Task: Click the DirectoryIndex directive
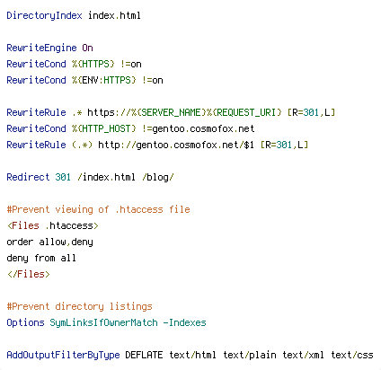pyautogui.click(x=44, y=16)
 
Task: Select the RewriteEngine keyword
pyautogui.click(x=41, y=48)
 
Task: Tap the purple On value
pyautogui.click(x=87, y=48)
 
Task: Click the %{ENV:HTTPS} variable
pyautogui.click(x=103, y=80)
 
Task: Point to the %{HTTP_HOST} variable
pyautogui.click(x=103, y=128)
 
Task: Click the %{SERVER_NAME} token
pyautogui.click(x=169, y=112)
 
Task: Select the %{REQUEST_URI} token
pyautogui.click(x=244, y=112)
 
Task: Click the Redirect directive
pyautogui.click(x=28, y=177)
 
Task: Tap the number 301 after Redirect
pyautogui.click(x=63, y=177)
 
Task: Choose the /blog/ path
pyautogui.click(x=158, y=177)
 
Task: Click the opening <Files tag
pyautogui.click(x=23, y=225)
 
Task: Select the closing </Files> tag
pyautogui.click(x=29, y=274)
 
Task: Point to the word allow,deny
pyautogui.click(x=66, y=242)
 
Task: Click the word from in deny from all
pyautogui.click(x=44, y=258)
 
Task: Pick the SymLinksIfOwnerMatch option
pyautogui.click(x=103, y=322)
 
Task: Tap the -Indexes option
pyautogui.click(x=185, y=322)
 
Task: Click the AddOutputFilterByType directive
pyautogui.click(x=63, y=355)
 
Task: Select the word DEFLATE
pyautogui.click(x=144, y=355)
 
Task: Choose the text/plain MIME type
pyautogui.click(x=250, y=355)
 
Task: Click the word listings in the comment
pyautogui.click(x=131, y=306)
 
